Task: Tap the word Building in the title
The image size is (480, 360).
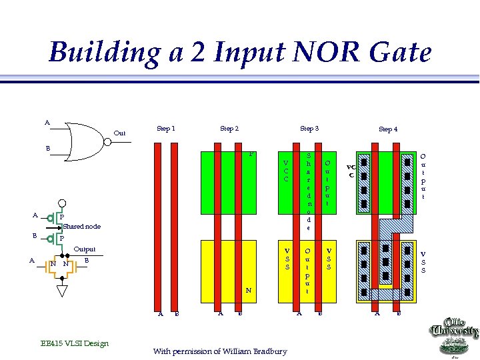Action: tap(104, 53)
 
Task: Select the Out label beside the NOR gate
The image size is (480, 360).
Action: tap(119, 133)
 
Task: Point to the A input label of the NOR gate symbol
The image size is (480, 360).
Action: tap(47, 122)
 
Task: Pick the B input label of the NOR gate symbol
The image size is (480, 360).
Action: tap(47, 147)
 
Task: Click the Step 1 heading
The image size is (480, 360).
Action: tap(165, 128)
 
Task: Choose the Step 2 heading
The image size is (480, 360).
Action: tap(229, 128)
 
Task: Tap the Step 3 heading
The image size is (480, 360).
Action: tap(309, 128)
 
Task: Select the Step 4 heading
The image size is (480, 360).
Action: tap(388, 129)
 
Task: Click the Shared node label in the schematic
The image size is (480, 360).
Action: tap(83, 227)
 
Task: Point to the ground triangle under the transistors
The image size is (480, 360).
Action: tap(62, 291)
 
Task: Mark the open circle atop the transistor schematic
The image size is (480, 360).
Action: tap(62, 205)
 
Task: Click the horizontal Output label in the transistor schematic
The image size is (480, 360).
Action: tap(85, 249)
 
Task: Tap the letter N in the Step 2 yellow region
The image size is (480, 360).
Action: tap(248, 291)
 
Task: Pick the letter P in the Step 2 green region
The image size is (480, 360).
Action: tap(251, 155)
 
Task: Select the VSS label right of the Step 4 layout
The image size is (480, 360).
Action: tap(423, 262)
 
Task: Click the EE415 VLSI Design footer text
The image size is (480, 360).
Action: tap(74, 343)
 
